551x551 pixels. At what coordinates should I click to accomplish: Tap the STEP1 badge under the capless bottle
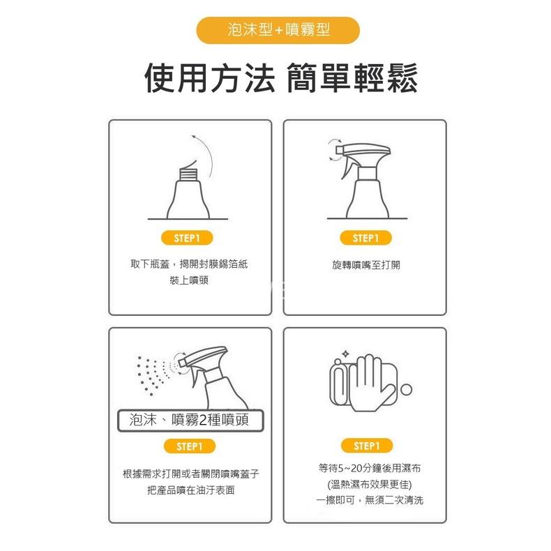point(188,238)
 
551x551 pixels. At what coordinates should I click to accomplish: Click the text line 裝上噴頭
point(189,280)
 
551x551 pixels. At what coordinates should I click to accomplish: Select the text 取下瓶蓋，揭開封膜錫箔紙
point(189,264)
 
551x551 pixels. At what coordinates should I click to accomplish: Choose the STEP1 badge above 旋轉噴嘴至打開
point(366,238)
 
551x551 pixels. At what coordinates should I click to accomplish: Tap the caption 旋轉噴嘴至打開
point(366,265)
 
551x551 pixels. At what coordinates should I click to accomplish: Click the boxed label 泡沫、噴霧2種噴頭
point(189,420)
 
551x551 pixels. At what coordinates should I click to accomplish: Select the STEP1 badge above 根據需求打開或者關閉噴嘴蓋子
point(189,446)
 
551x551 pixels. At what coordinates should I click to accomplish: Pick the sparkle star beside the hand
point(344,354)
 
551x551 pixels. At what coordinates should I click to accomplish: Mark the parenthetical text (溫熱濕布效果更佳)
point(365,484)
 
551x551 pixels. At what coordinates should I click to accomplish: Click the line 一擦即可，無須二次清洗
point(365,500)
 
